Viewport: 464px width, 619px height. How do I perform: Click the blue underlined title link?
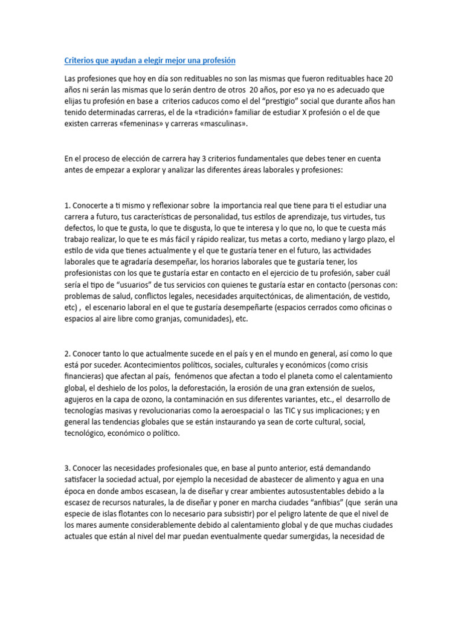point(150,60)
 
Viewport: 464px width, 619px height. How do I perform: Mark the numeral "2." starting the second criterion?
point(68,354)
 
